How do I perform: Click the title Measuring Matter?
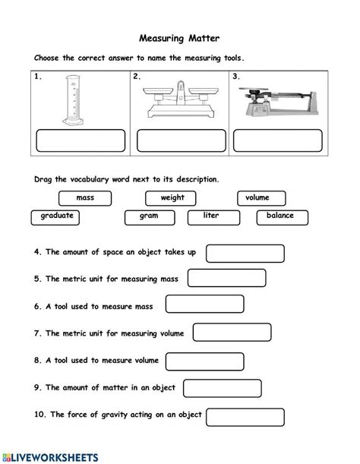click(179, 36)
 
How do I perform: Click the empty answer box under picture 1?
click(81, 142)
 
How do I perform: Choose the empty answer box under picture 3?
click(279, 142)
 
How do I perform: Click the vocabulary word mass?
click(84, 198)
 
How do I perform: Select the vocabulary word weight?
click(172, 198)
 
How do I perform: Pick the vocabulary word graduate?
click(58, 217)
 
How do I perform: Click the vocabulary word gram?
click(148, 217)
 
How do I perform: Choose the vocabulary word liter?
click(210, 217)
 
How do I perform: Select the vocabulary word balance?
click(279, 217)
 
